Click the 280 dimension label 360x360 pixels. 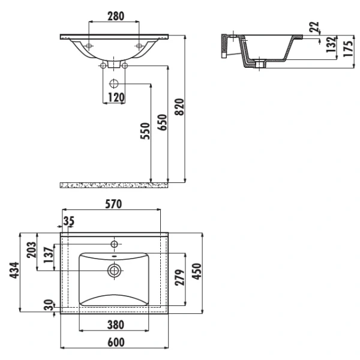[116, 16]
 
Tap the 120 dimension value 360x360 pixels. [116, 97]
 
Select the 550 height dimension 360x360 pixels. [145, 131]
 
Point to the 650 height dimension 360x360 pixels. [162, 122]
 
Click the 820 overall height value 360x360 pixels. [179, 107]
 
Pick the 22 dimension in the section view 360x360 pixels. [314, 26]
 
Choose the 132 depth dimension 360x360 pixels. [331, 44]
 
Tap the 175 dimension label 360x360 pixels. [348, 49]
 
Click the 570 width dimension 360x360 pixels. [113, 204]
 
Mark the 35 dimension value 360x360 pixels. [69, 221]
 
